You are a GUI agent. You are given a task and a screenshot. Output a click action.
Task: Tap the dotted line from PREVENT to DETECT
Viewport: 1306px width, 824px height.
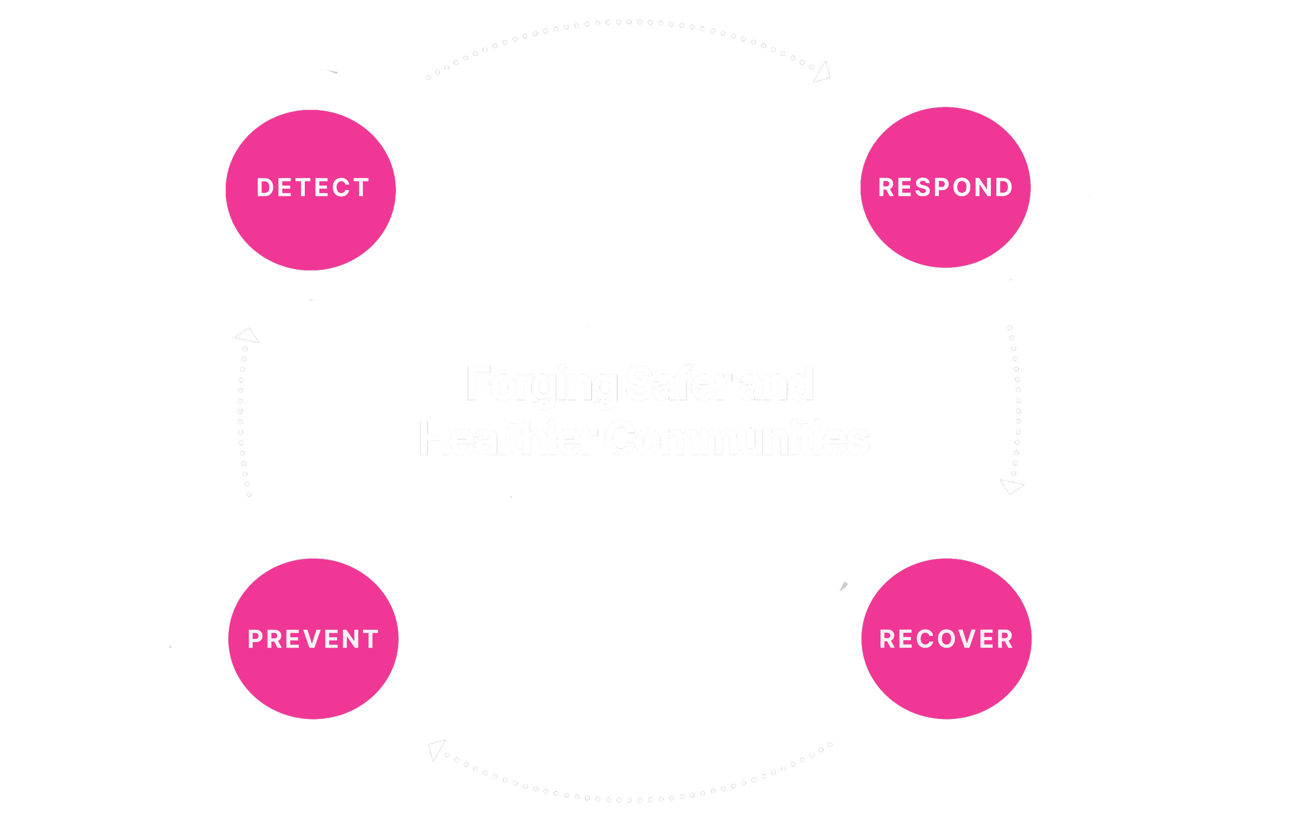point(240,412)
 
